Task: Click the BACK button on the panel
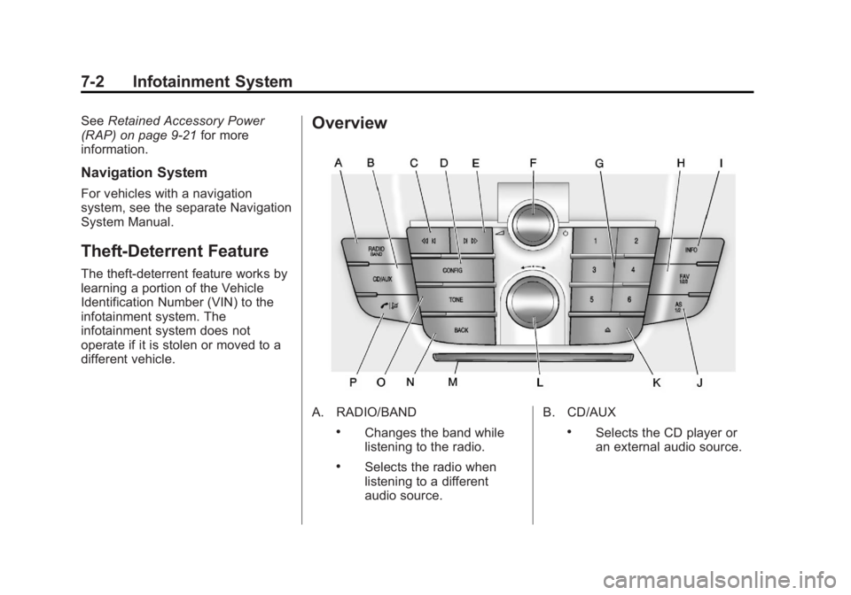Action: pos(460,329)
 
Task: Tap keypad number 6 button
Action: pos(629,300)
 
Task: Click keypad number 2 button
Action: pos(636,241)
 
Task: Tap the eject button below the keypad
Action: pos(611,328)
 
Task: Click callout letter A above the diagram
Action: pos(339,163)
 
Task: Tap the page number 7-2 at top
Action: pos(91,83)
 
